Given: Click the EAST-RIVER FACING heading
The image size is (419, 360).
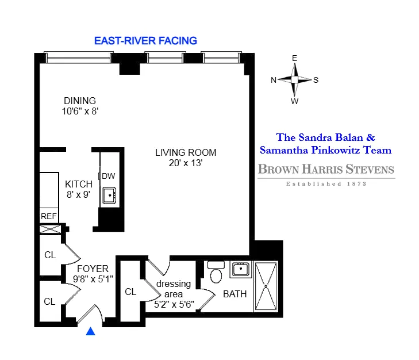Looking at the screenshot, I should tap(145, 40).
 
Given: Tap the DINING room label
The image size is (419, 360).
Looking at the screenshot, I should tap(79, 101).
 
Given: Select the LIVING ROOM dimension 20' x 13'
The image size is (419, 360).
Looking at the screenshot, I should tap(186, 163).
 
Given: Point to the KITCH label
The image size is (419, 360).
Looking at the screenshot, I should tap(79, 184).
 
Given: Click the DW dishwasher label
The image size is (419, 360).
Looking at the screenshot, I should tap(109, 176).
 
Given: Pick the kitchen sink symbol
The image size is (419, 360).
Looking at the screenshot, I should tap(109, 196).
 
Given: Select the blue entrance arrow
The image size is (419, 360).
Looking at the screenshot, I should tap(90, 331).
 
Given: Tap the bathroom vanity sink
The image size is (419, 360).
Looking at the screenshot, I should tap(240, 269).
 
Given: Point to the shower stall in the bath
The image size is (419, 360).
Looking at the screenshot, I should tap(266, 286).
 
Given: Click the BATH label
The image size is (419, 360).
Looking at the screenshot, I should tap(235, 294).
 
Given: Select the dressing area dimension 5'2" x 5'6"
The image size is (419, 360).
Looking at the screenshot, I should tap(175, 305).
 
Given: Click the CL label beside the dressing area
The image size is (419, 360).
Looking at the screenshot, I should tap(130, 292).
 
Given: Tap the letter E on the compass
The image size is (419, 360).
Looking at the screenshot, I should tap(294, 59).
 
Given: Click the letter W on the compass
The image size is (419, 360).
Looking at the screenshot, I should tap(294, 102).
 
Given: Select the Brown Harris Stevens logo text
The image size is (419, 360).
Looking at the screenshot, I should tap(326, 169).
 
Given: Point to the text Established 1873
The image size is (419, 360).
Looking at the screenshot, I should tap(326, 184).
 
